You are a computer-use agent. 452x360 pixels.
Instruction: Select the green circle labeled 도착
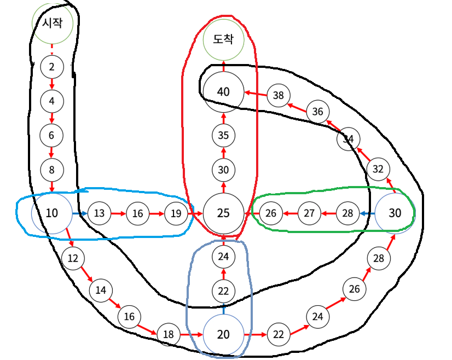pos(223,40)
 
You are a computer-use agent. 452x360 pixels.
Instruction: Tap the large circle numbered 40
pos(223,91)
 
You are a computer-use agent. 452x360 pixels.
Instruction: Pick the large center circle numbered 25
pos(223,213)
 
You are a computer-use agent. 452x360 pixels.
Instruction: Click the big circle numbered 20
pos(223,333)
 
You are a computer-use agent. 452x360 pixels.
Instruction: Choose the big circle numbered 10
pos(52,213)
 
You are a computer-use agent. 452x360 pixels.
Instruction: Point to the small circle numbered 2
pos(52,67)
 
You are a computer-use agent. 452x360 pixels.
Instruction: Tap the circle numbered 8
pos(52,170)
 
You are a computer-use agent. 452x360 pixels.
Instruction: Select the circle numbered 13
pos(99,213)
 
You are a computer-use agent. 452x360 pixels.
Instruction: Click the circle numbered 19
pos(176,213)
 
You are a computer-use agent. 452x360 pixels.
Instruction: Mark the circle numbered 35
pos(223,135)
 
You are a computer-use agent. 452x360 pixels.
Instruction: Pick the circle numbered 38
pos(279,96)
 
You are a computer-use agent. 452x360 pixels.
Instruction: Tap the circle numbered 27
pos(309,213)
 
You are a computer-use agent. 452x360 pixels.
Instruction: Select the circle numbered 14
pos(101,290)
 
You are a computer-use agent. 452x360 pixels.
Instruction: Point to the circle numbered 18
pos(169,333)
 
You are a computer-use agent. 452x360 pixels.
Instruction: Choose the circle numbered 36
pos(317,112)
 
